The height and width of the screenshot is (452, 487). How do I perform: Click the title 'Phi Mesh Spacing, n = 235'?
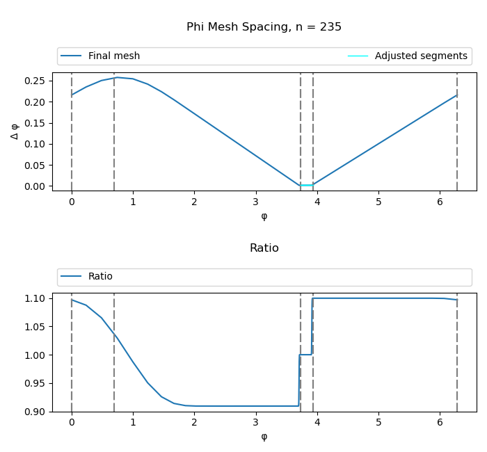[x=264, y=27]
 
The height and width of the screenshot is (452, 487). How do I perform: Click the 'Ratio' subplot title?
[x=264, y=248]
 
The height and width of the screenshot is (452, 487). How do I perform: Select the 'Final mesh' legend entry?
[x=113, y=56]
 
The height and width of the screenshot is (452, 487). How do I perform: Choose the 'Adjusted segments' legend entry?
[x=420, y=56]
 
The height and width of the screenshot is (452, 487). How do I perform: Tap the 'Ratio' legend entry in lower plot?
[x=100, y=277]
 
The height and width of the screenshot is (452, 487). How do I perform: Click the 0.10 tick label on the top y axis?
[x=35, y=144]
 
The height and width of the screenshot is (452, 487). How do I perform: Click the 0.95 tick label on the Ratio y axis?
[x=35, y=383]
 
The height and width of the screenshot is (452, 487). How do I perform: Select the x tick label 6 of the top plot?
[x=440, y=202]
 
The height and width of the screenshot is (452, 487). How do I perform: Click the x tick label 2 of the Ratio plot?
[x=194, y=423]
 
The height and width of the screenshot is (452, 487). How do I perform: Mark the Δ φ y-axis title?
[x=15, y=131]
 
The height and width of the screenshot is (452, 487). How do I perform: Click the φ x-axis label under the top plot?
[x=264, y=216]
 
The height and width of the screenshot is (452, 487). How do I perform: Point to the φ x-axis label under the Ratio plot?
[x=264, y=437]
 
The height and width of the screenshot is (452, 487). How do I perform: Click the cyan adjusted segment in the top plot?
[x=307, y=185]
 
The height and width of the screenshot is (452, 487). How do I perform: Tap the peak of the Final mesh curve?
[x=117, y=77]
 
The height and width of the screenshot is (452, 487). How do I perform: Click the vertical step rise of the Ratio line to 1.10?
[x=312, y=327]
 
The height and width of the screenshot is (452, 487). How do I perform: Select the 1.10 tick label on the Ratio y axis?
[x=35, y=298]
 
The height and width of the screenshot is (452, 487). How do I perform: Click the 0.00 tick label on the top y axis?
[x=35, y=186]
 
